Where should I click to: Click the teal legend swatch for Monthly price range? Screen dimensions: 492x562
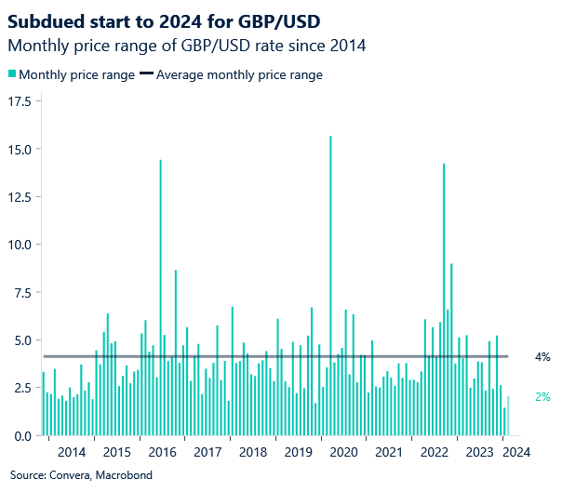coord(12,75)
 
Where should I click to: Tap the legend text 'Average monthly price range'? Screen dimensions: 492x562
coord(239,75)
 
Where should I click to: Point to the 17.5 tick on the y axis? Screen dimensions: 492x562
coord(21,100)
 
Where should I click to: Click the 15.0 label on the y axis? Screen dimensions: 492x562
coord(21,149)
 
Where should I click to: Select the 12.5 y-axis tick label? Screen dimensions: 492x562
coord(21,197)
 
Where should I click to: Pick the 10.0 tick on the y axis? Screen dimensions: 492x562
coord(21,245)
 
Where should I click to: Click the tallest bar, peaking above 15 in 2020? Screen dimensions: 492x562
coord(330,279)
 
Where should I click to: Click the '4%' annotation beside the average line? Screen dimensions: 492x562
coord(542,357)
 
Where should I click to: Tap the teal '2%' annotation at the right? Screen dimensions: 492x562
coord(542,397)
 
